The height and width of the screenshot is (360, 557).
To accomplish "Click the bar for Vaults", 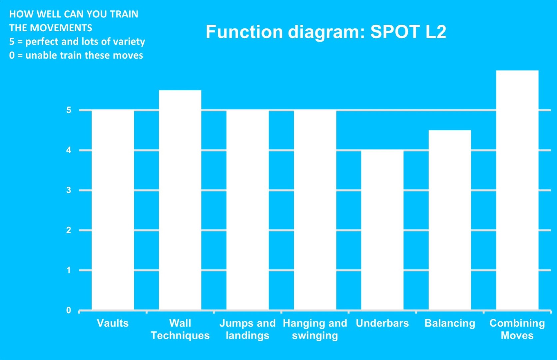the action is coord(113,210).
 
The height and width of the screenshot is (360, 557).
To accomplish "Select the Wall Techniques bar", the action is coord(180,200).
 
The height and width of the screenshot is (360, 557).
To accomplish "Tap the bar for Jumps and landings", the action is coord(248,210).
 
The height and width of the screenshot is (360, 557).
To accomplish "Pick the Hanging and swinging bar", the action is coord(315,210).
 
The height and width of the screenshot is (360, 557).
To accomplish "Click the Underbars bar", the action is coord(382,230).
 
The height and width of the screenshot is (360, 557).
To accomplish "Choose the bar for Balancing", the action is coord(450,220).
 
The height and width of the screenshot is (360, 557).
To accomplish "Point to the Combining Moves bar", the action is coord(517,190).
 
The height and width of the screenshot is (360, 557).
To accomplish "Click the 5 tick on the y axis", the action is coord(69,110).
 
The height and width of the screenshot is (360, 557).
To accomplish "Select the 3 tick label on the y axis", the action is coord(69,190).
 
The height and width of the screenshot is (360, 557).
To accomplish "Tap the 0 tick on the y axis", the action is coord(69,310).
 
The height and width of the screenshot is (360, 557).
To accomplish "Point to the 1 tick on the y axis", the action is coord(69,270).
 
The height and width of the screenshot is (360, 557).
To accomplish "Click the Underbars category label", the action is coord(382,323).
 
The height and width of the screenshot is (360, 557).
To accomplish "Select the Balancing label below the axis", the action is coord(450,324).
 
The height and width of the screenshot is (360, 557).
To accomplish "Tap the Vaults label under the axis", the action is coord(113,323).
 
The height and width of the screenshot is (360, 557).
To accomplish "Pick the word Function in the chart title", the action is coord(244,32).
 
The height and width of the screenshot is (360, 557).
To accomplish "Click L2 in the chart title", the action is coord(436,32).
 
